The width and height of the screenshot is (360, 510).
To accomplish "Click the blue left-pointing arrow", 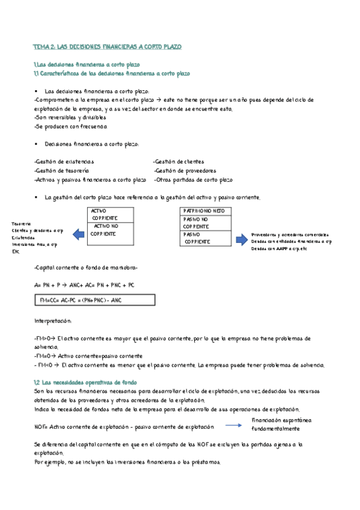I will [x=79, y=234].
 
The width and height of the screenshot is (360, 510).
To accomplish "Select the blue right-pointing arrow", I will [x=240, y=239].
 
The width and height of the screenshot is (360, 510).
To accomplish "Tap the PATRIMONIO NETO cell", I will [x=204, y=212].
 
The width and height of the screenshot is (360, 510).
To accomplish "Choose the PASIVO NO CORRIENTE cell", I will [x=204, y=223].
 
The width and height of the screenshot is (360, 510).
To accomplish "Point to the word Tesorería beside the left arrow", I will [x=22, y=223].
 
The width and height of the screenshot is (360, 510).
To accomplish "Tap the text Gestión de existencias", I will [x=64, y=161].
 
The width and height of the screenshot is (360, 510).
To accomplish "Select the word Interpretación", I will [x=53, y=321].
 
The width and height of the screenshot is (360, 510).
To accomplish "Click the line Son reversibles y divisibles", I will [x=70, y=118].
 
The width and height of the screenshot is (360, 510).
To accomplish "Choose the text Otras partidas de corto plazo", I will [x=193, y=179].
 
